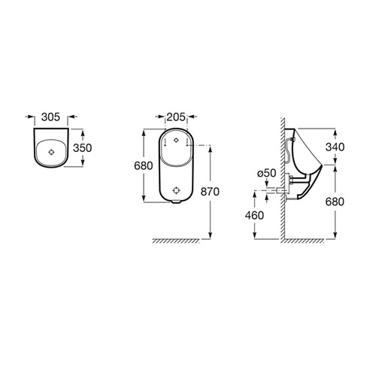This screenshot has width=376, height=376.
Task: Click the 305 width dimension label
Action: (50, 117)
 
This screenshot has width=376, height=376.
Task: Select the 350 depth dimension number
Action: (83, 148)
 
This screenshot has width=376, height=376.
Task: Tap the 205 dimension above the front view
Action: (176, 117)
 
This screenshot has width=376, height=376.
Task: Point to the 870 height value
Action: (210, 192)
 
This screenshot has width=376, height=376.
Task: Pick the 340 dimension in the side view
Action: (335, 147)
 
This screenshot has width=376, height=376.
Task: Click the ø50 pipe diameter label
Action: (267, 173)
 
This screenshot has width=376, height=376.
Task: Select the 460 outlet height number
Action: (254, 215)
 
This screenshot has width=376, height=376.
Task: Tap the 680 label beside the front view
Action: (144, 165)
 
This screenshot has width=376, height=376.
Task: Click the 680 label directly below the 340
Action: (335, 202)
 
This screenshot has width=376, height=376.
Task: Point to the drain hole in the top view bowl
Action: (51, 152)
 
